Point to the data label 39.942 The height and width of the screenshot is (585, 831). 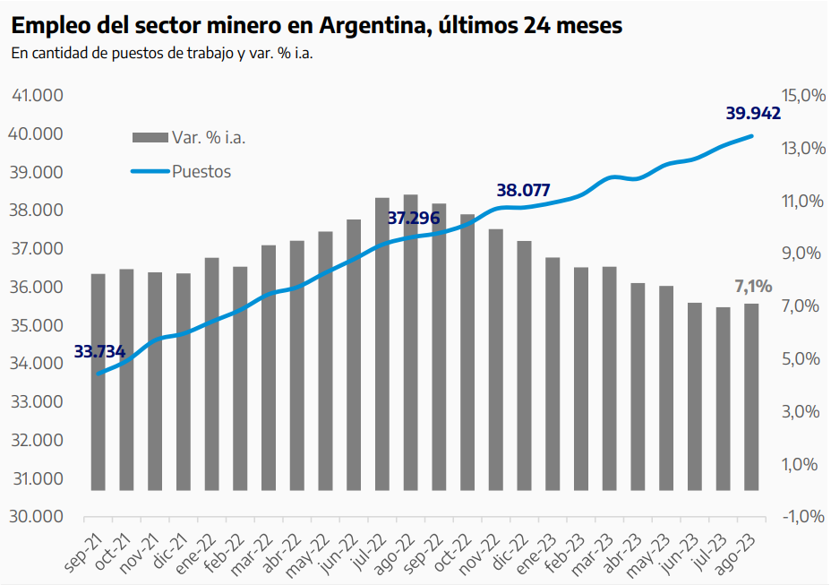(752, 114)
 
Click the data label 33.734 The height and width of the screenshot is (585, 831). (99, 351)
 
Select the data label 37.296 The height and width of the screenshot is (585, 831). (413, 218)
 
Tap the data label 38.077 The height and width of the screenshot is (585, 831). (523, 190)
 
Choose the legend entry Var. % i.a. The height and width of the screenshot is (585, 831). (208, 138)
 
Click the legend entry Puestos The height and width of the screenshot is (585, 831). (201, 171)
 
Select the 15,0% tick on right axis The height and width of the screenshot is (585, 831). (803, 96)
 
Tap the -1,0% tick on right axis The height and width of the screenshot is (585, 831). (803, 517)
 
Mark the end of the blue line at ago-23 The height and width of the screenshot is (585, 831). (751, 136)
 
